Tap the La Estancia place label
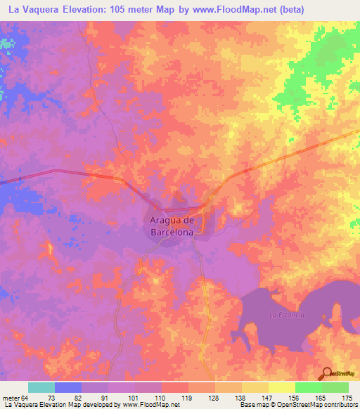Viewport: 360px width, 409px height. pos(286,315)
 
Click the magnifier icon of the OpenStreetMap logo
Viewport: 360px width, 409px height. pos(327,373)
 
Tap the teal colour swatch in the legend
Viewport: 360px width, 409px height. pos(41,387)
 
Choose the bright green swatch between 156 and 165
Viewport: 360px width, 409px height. pos(308,387)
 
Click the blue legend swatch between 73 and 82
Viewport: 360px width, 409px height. pos(68,387)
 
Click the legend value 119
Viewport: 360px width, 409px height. pos(188,397)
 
